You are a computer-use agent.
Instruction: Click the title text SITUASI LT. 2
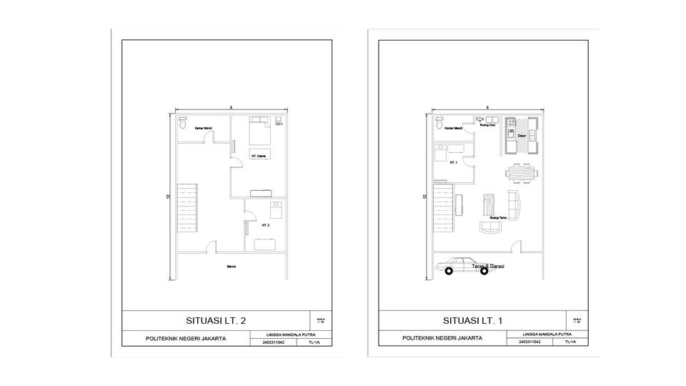[x=216, y=320]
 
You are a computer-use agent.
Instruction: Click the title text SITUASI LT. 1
[x=472, y=320]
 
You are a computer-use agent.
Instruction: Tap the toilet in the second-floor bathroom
[x=182, y=125]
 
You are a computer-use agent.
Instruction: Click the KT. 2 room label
[x=265, y=225]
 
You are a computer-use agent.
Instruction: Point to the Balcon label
[x=231, y=267]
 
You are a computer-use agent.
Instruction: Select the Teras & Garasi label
[x=488, y=267]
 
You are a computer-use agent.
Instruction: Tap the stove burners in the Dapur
[x=511, y=127]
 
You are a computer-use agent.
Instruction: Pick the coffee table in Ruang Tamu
[x=489, y=204]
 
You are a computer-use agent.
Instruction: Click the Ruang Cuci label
[x=488, y=124]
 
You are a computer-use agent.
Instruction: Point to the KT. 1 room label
[x=453, y=162]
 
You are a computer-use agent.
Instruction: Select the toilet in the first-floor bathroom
[x=439, y=125]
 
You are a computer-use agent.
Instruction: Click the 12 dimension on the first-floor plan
[x=424, y=197]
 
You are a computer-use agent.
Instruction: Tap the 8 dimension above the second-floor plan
[x=231, y=107]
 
